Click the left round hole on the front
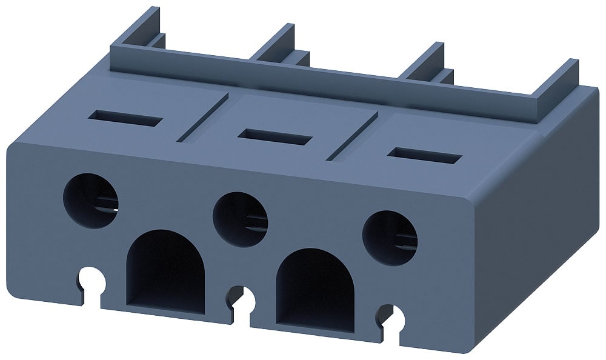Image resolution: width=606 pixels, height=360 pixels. (x=92, y=199)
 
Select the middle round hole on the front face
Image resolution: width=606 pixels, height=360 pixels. (x=241, y=219)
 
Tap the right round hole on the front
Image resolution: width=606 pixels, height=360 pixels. (x=390, y=238)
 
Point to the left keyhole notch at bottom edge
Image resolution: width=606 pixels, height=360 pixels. (x=89, y=279)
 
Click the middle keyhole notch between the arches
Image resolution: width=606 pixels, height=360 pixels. (x=242, y=298)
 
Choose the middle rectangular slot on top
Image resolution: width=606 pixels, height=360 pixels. (x=275, y=136)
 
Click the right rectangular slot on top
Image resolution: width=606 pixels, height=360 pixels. (x=425, y=156)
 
